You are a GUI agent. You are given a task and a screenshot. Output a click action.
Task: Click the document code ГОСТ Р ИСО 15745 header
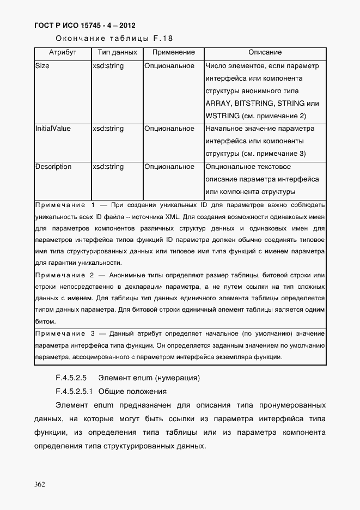click(x=85, y=26)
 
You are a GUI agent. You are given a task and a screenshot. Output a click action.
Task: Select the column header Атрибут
click(x=62, y=53)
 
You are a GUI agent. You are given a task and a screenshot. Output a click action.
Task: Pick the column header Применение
click(x=173, y=53)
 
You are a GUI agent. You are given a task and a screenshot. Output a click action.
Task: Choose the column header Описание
click(x=265, y=53)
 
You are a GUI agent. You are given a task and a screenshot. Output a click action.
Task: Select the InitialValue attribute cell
click(x=53, y=129)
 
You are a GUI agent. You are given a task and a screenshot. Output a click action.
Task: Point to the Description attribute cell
click(x=53, y=167)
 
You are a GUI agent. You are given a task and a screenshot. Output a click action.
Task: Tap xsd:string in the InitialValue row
click(x=108, y=129)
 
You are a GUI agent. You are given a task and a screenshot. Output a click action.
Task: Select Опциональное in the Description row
click(x=169, y=167)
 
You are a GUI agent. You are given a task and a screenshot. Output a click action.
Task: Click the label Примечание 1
click(x=65, y=205)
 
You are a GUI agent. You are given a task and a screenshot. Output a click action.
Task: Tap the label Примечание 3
click(x=65, y=333)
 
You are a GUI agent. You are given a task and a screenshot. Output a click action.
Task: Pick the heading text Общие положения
click(x=133, y=392)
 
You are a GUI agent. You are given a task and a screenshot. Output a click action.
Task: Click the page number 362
click(x=39, y=484)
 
